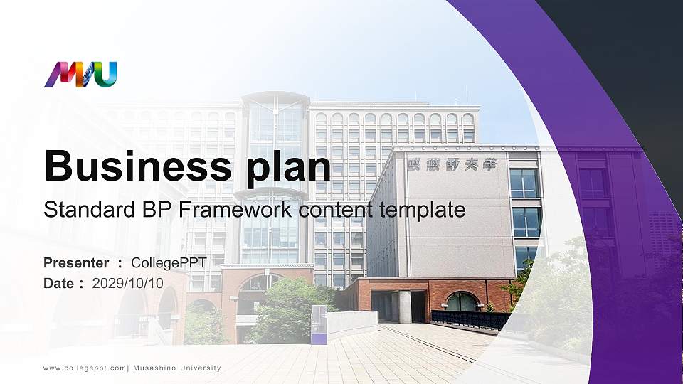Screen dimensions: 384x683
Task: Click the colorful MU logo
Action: pos(80,75)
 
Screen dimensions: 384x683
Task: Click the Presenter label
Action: pos(76,263)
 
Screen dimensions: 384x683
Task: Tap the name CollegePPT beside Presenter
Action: pos(169,263)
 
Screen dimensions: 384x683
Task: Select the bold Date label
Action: pos(60,283)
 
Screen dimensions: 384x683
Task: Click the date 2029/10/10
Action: pos(128,283)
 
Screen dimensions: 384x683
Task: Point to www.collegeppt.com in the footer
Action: pos(85,368)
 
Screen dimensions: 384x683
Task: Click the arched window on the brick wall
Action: pos(462,302)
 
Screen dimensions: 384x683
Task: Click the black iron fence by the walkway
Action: pos(470,320)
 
